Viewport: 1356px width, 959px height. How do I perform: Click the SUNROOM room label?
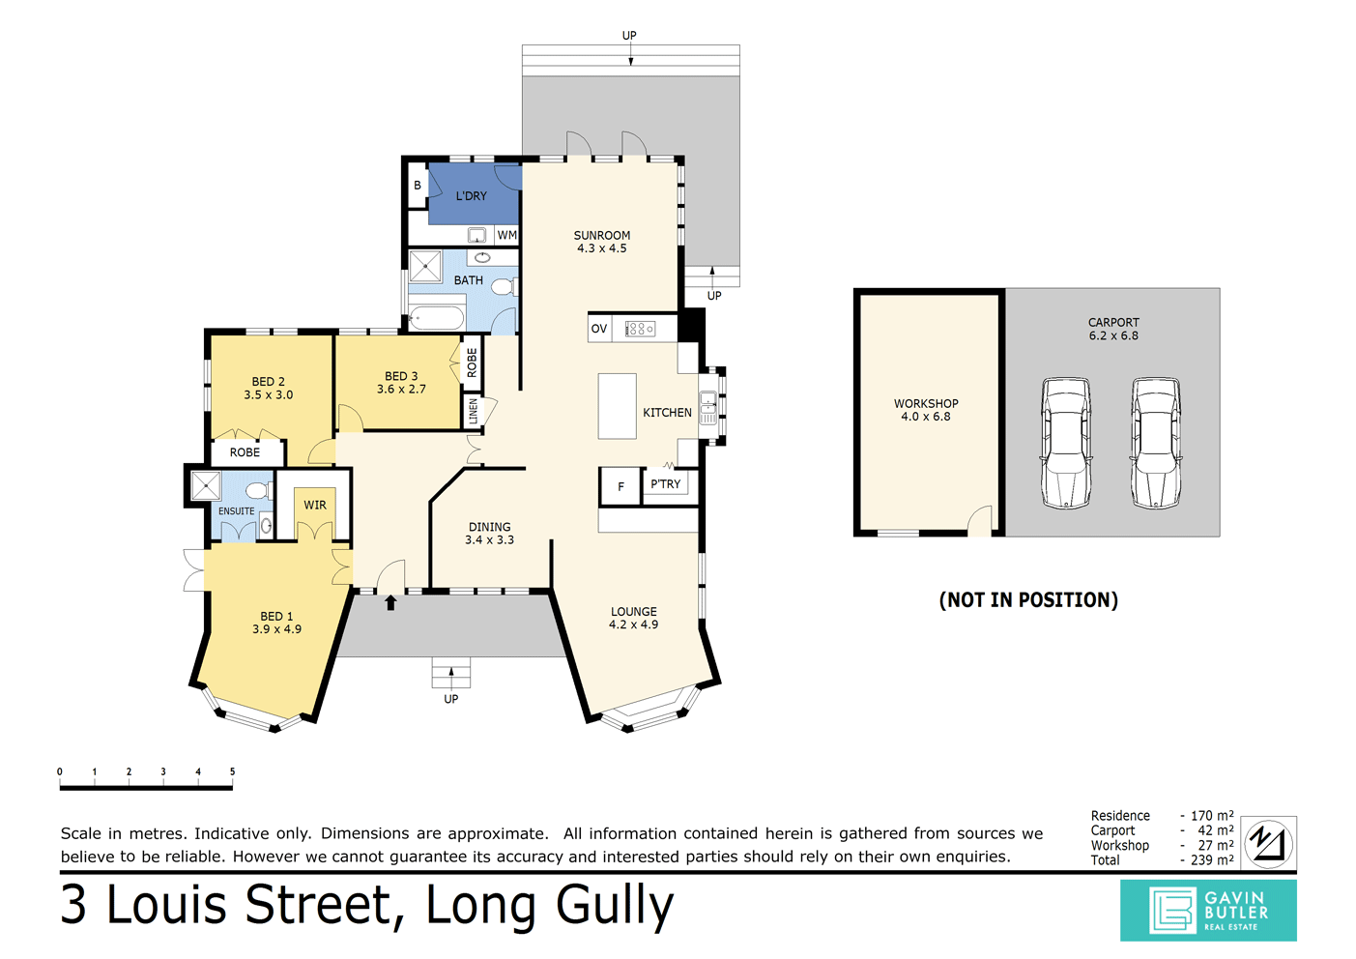601,236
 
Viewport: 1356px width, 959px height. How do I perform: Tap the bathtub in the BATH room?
437,317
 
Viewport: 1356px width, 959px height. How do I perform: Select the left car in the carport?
1066,443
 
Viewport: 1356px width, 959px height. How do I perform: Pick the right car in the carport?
1156,443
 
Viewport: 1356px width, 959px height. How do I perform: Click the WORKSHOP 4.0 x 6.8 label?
926,410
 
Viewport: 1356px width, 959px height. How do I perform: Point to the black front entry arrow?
390,603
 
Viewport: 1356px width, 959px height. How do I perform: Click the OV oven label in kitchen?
599,329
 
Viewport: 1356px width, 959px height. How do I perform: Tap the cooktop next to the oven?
639,330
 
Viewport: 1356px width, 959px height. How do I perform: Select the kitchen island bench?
617,406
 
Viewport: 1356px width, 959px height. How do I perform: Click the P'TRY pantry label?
665,484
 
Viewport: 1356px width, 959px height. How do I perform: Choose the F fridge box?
620,486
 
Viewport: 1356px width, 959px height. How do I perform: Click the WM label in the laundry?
506,235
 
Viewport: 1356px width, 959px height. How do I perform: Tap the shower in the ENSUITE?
206,485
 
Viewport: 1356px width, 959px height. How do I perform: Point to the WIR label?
315,505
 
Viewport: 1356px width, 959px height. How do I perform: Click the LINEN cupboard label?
474,410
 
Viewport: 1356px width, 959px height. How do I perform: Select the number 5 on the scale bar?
232,771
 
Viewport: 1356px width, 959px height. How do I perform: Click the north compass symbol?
1267,842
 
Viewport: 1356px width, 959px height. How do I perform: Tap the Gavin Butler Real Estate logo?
1208,910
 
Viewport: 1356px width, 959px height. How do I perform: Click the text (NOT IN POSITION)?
1028,600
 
